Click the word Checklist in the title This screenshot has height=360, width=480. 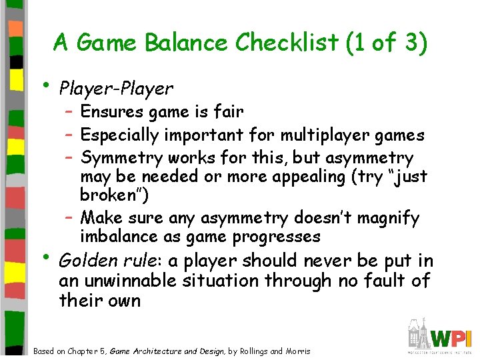[287, 43]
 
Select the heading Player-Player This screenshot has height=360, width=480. [116, 88]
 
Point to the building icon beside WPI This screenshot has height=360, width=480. [418, 333]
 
